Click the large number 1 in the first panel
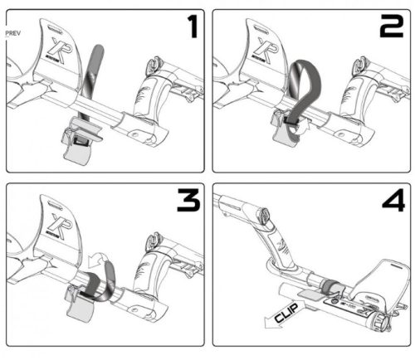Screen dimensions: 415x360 [193, 27]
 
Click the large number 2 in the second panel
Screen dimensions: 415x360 [392, 27]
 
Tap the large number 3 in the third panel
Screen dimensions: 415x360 [188, 200]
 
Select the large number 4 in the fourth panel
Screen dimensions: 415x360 [393, 200]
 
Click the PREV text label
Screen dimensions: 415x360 [13, 33]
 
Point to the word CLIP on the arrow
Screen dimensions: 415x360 [286, 313]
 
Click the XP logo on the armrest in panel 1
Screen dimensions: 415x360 [59, 51]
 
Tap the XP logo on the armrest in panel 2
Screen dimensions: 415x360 [266, 51]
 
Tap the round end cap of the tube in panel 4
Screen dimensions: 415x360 [380, 322]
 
